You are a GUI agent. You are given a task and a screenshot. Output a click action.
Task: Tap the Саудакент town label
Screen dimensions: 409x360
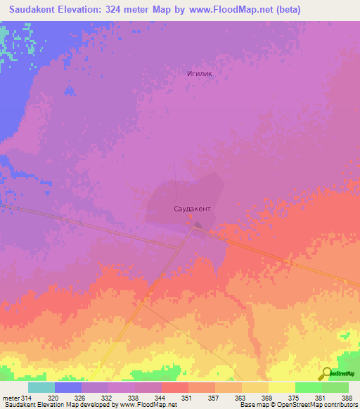coord(193,209)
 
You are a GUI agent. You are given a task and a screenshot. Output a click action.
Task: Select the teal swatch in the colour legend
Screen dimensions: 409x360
coord(41,387)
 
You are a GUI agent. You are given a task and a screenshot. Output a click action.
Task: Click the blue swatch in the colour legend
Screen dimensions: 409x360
coord(68,387)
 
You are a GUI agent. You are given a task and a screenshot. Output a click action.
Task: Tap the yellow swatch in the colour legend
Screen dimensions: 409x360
coord(281,387)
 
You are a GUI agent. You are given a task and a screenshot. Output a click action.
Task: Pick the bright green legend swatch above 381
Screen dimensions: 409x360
coord(308,387)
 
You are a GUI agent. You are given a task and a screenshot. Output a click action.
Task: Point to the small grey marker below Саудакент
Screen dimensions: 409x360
coord(199,226)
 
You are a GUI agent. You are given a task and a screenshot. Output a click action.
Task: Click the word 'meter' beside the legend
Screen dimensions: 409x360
coord(11,398)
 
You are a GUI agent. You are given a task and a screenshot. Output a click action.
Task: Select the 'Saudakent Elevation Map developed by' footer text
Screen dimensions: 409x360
coord(59,405)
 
